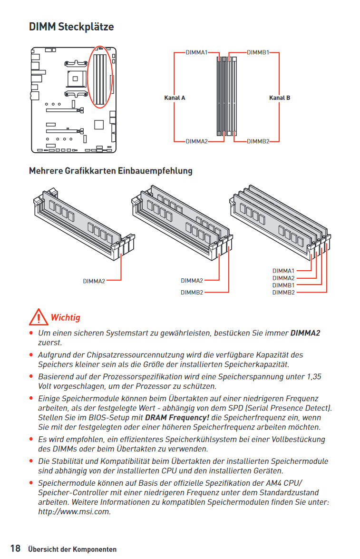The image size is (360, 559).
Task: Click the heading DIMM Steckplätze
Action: click(71, 27)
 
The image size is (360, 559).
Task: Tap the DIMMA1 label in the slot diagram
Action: click(196, 52)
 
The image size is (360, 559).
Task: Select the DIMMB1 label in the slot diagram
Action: click(258, 52)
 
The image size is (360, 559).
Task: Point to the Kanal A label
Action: click(175, 98)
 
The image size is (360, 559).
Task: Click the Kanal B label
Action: click(280, 98)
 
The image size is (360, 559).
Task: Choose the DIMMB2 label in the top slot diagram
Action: click(258, 141)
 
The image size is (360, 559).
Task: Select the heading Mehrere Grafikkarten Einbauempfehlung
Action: click(111, 170)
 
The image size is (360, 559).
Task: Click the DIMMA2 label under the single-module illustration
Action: click(94, 281)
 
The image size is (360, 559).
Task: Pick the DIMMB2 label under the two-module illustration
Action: click(192, 292)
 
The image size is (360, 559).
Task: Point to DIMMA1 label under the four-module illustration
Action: click(283, 271)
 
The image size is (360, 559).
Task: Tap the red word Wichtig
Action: click(65, 317)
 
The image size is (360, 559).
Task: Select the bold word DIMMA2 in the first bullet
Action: click(305, 333)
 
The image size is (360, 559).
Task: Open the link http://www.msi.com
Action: click(74, 512)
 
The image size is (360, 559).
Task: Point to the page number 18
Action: click(15, 549)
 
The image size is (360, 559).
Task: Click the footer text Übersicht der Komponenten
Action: click(72, 549)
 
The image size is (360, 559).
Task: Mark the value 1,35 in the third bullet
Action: click(314, 376)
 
